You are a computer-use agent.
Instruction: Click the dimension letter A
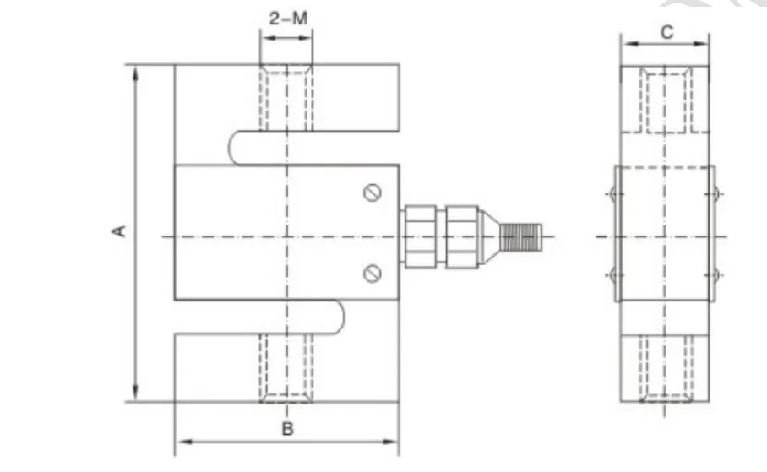pyautogui.click(x=119, y=231)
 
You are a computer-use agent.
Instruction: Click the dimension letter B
pyautogui.click(x=287, y=429)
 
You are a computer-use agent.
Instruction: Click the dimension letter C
pyautogui.click(x=666, y=33)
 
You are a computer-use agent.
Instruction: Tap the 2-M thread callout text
pyautogui.click(x=288, y=19)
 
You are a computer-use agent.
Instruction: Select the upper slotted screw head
pyautogui.click(x=373, y=193)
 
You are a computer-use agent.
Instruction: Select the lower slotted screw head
pyautogui.click(x=373, y=273)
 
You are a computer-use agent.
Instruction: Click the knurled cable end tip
pyautogui.click(x=521, y=237)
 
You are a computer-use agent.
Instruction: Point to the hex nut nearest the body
pyautogui.click(x=419, y=236)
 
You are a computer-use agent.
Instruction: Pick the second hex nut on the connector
pyautogui.click(x=462, y=236)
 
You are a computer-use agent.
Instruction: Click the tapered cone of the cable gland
pyautogui.click(x=490, y=236)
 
